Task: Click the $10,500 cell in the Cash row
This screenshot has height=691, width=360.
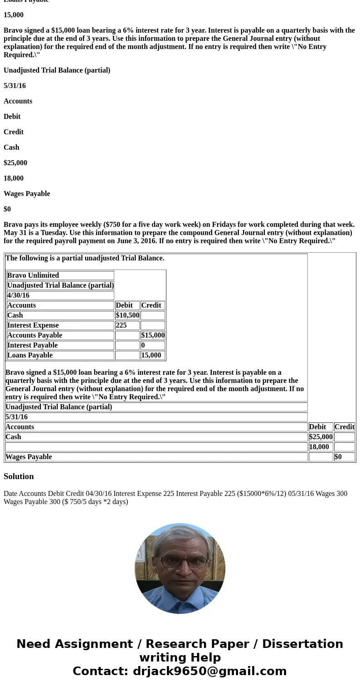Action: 127,315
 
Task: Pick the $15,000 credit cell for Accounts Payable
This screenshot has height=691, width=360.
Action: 153,335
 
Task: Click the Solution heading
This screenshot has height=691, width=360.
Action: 19,476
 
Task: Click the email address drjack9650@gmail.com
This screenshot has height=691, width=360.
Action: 209,671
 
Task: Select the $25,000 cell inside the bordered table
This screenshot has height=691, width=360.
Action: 321,437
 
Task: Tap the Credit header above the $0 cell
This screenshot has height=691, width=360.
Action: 344,427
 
